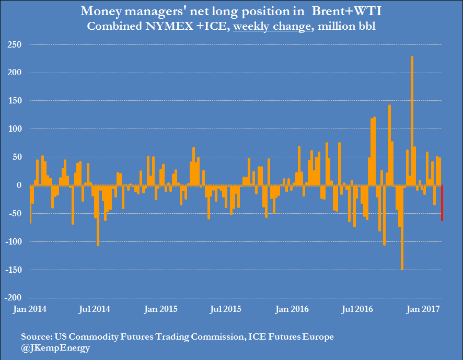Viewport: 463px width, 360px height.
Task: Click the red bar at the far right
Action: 442,203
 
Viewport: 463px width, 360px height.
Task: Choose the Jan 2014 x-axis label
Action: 29,309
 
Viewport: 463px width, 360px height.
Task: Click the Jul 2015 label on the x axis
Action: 226,309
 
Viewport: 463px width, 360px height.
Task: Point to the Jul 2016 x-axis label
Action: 358,309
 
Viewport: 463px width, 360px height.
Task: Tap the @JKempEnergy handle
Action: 55,347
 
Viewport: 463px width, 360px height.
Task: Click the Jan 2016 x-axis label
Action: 292,309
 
